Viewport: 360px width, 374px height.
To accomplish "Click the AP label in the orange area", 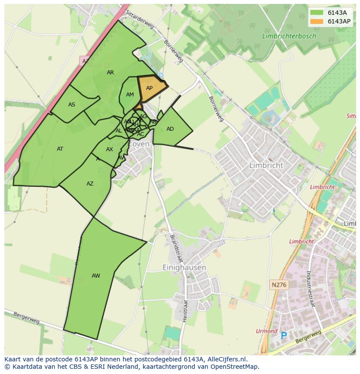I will point(149,88).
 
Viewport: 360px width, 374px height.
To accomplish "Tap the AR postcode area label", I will point(110,73).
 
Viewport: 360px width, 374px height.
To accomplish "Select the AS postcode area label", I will point(72,104).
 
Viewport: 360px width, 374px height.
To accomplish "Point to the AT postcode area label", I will point(60,149).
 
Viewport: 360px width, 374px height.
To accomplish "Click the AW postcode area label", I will point(96,276).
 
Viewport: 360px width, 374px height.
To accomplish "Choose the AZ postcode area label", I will point(90,184).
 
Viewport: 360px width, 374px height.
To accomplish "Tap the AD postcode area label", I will point(170,129).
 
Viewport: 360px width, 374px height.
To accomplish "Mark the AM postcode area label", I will point(130,95).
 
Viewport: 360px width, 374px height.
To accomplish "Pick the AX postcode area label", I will point(110,149).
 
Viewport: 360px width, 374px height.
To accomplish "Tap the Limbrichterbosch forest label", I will point(289,36).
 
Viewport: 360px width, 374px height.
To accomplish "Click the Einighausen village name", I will point(184,268).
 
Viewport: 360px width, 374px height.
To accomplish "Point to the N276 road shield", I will point(279,285).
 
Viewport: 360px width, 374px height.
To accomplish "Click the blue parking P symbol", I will point(284,336).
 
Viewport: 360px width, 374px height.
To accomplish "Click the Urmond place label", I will point(267,331).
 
